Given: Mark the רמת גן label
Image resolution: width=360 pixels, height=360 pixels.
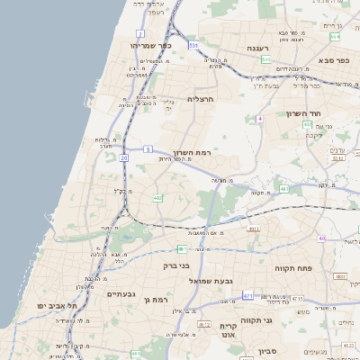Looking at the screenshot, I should tap(155, 298).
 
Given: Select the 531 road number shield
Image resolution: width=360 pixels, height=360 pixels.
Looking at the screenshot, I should tap(193, 43).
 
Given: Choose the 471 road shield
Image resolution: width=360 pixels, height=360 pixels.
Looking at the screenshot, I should tap(247, 295).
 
